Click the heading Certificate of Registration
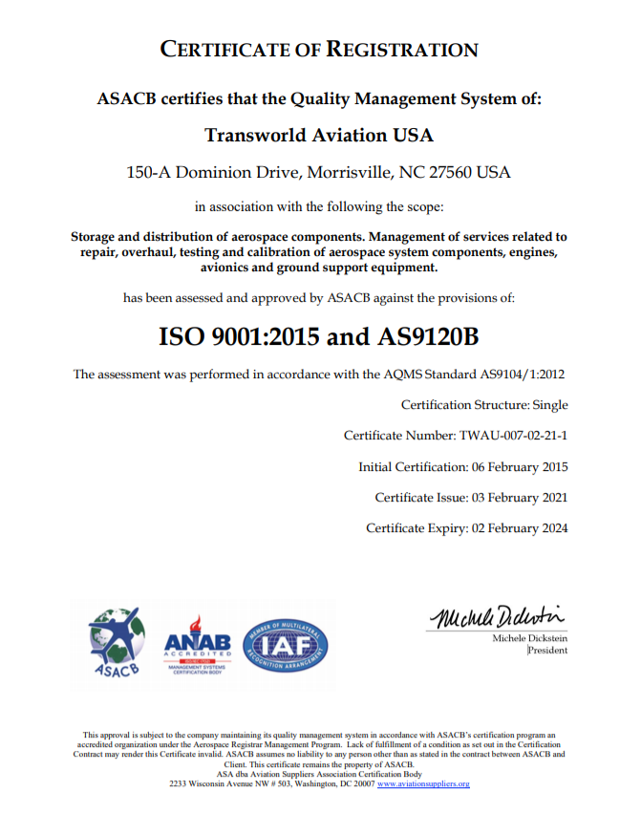pyautogui.click(x=319, y=50)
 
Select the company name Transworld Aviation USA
pyautogui.click(x=319, y=135)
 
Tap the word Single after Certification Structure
pyautogui.click(x=549, y=405)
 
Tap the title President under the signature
pyautogui.click(x=548, y=651)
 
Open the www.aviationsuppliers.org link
pyautogui.click(x=423, y=783)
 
